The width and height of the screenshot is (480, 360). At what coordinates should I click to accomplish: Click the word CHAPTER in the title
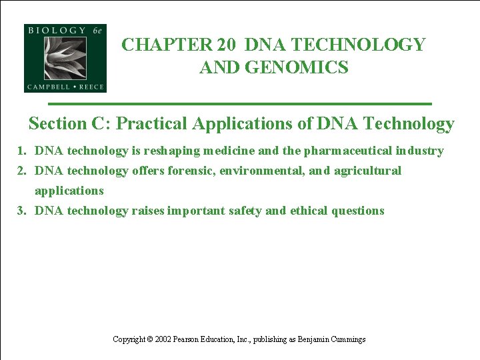166,45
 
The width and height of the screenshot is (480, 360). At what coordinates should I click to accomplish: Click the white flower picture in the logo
65,58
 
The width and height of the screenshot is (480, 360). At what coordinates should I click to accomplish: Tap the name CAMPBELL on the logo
48,87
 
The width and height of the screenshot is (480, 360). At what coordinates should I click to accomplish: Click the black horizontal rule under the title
240,104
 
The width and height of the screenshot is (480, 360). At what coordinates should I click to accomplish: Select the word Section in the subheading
58,124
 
